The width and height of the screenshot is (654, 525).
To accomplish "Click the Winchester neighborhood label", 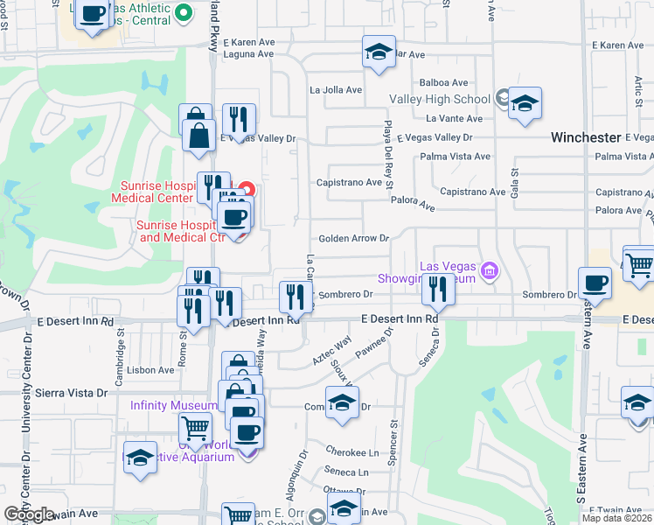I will (585, 137).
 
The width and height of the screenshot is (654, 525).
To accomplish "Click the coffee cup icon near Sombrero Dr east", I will (595, 283).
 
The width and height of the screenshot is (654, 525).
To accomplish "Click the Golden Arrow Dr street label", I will (352, 238).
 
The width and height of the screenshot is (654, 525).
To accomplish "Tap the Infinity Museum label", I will (173, 405).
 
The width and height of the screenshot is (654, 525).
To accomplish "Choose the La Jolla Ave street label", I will (336, 89).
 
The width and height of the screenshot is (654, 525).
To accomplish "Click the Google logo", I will (29, 514).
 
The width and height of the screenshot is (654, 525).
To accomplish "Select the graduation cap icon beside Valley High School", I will (525, 103).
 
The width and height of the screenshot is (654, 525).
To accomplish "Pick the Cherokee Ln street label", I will (358, 452).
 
